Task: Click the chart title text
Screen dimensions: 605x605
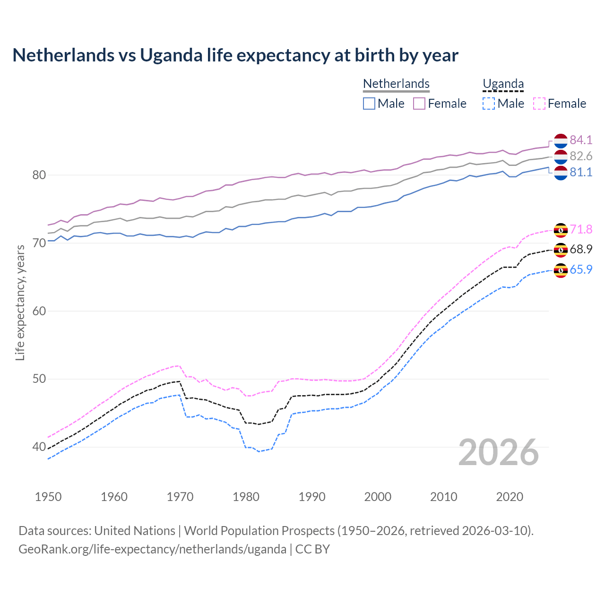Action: click(235, 55)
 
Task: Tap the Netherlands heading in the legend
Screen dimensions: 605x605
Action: click(396, 84)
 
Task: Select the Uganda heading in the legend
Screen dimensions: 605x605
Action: click(503, 84)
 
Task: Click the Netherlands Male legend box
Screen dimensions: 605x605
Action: click(369, 104)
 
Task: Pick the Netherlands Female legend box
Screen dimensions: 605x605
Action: click(419, 104)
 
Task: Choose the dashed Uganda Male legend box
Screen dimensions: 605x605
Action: click(489, 104)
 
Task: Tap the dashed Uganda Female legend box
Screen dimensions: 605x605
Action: click(539, 104)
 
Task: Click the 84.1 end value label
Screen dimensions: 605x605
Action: click(581, 140)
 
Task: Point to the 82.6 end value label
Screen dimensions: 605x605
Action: click(581, 156)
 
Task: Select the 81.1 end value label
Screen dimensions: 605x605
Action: click(581, 172)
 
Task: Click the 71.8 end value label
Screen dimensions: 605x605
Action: click(581, 229)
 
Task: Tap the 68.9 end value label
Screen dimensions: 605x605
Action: click(581, 249)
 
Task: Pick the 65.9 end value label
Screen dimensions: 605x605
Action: click(581, 269)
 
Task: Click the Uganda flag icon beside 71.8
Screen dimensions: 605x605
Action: click(561, 230)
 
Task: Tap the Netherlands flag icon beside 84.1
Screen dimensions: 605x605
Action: click(561, 141)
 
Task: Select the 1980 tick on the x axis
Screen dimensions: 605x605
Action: click(246, 497)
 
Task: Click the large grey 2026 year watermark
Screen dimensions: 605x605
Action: click(499, 452)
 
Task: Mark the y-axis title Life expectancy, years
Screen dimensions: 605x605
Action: click(20, 302)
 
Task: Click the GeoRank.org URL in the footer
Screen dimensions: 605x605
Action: click(152, 549)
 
